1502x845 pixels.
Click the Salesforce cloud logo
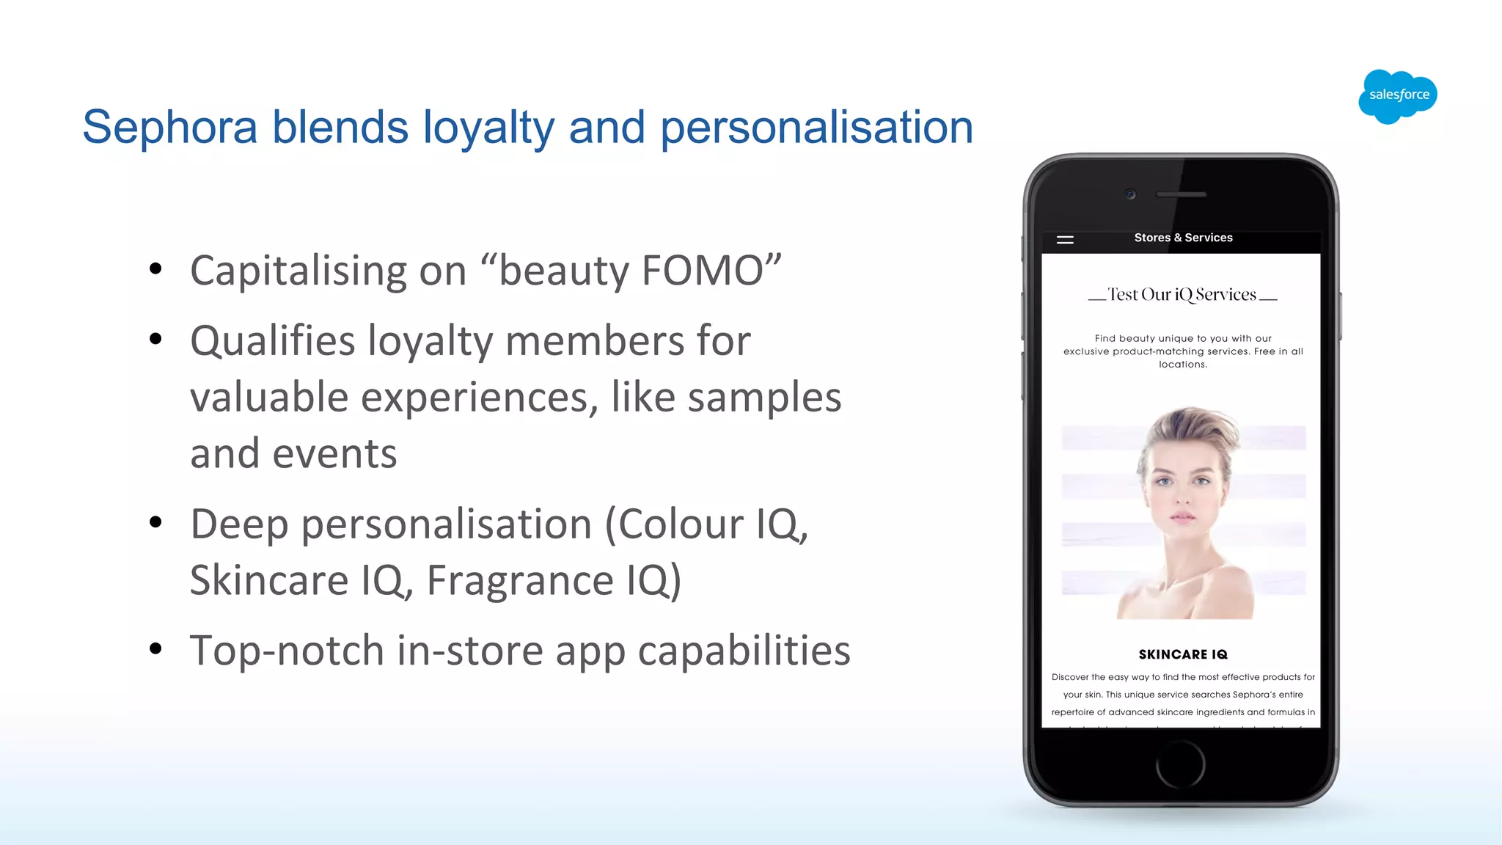pyautogui.click(x=1398, y=96)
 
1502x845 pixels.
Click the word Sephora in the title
pyautogui.click(x=169, y=128)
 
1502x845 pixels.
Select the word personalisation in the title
pyautogui.click(x=816, y=128)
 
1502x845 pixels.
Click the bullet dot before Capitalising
pyautogui.click(x=155, y=269)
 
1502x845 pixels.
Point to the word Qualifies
pyautogui.click(x=273, y=341)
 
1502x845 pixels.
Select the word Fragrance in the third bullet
pyautogui.click(x=520, y=581)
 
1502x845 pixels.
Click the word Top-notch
pyautogui.click(x=287, y=651)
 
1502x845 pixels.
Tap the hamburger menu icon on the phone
pyautogui.click(x=1065, y=240)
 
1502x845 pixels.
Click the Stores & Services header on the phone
pyautogui.click(x=1183, y=238)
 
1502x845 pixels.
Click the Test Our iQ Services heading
pyautogui.click(x=1182, y=295)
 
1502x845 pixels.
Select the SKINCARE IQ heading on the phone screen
pyautogui.click(x=1183, y=654)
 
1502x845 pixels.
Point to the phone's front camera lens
pyautogui.click(x=1130, y=194)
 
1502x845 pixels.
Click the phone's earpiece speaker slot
pyautogui.click(x=1181, y=195)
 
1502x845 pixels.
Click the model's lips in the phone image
pyautogui.click(x=1182, y=517)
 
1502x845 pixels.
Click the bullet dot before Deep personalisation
pyautogui.click(x=155, y=522)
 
